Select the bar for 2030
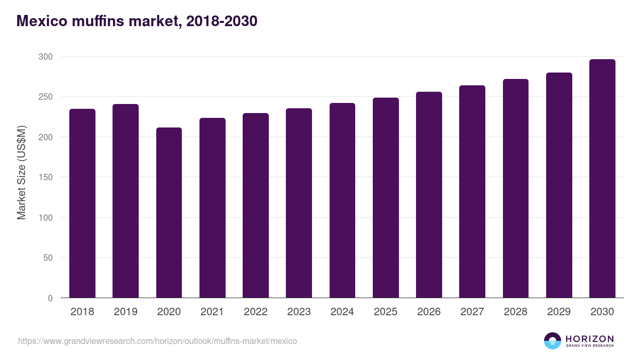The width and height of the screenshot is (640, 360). click(x=602, y=178)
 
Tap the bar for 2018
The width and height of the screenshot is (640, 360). click(x=82, y=203)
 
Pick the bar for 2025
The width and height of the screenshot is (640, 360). click(x=386, y=197)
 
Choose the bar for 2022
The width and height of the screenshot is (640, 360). click(x=255, y=205)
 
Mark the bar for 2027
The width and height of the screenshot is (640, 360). click(x=472, y=191)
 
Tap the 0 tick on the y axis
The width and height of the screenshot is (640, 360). click(x=50, y=298)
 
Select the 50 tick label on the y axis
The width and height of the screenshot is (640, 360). click(x=47, y=258)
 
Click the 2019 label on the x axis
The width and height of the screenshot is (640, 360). click(x=125, y=312)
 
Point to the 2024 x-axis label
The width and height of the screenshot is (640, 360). click(x=342, y=312)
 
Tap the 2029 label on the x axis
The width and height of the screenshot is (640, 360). click(x=558, y=312)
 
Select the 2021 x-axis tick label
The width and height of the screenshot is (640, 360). click(x=212, y=312)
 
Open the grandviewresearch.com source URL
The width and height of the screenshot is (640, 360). click(x=157, y=341)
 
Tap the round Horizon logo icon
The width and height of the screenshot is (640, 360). click(x=553, y=341)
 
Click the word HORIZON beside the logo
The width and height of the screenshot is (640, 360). click(x=589, y=339)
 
